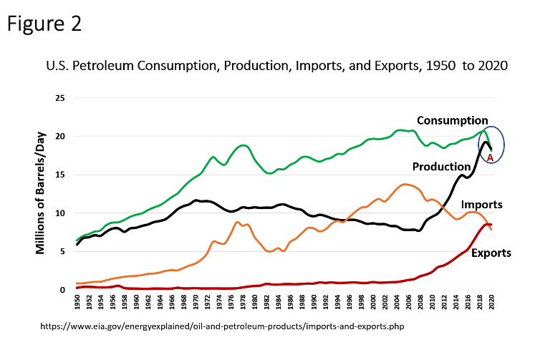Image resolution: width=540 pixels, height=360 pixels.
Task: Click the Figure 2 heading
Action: (x=44, y=23)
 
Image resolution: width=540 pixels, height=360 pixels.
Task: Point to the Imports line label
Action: (x=482, y=205)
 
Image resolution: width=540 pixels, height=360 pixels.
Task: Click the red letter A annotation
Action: (x=490, y=157)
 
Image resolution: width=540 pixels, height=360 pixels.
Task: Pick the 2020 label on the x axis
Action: (x=491, y=304)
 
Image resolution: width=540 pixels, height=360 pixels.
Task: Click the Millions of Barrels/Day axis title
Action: (x=41, y=193)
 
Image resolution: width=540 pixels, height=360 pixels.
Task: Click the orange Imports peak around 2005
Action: (x=406, y=185)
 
